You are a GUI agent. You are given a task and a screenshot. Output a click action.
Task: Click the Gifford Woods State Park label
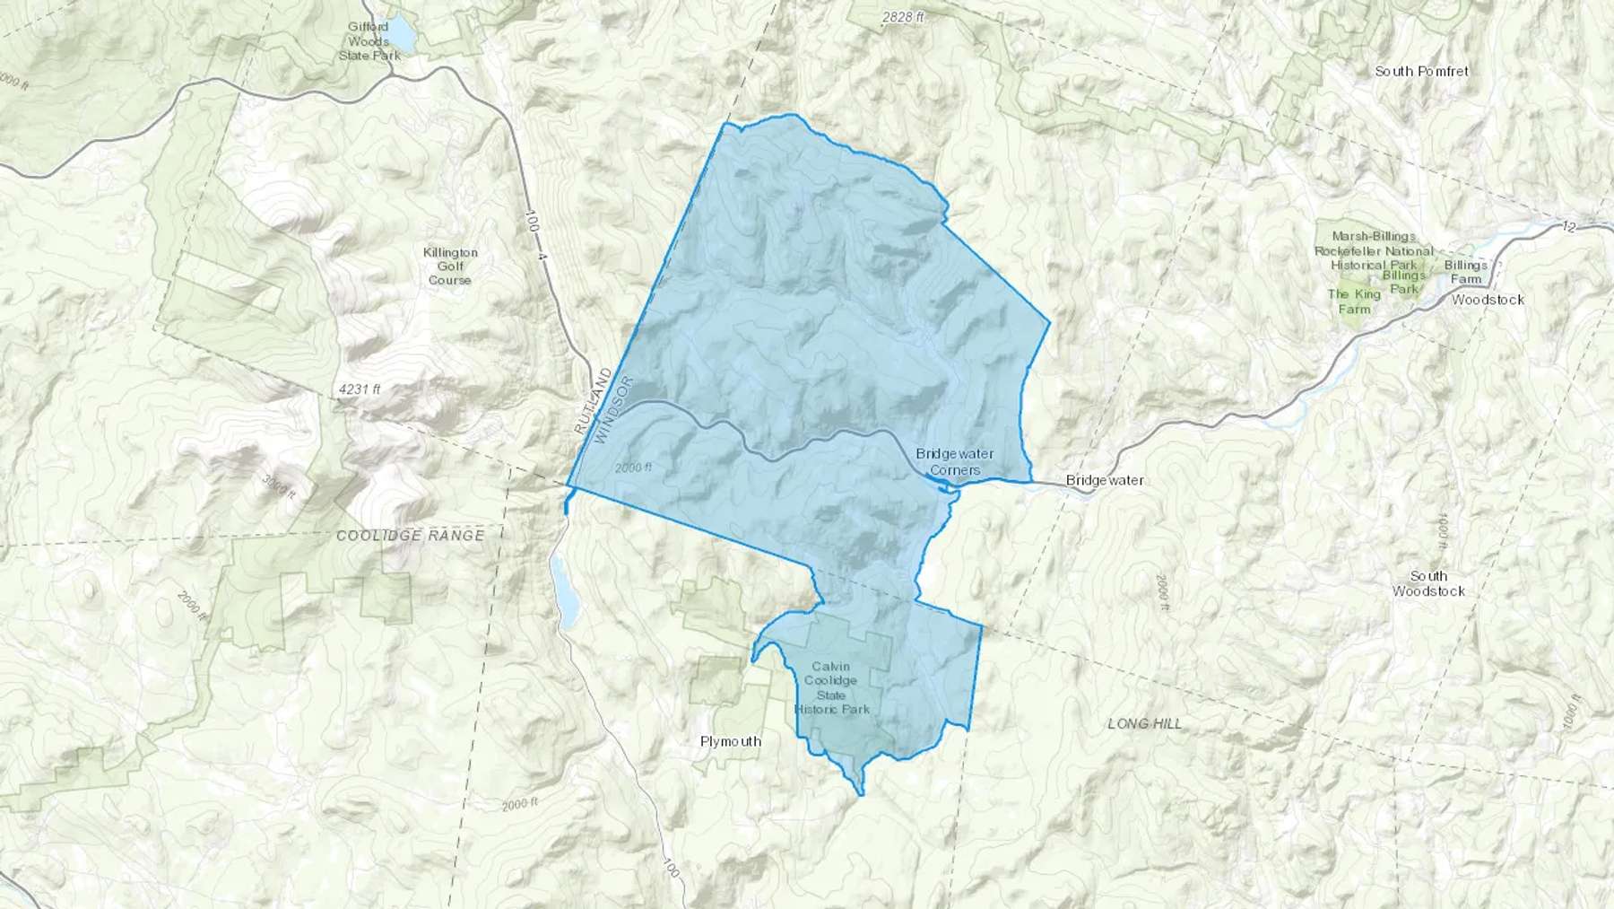(369, 41)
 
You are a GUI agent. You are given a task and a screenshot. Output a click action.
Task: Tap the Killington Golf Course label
(450, 267)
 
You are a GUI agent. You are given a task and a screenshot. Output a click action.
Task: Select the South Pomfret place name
(1421, 71)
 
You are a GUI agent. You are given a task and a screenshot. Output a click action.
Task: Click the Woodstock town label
(1488, 300)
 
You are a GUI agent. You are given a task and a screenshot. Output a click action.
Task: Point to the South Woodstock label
(1428, 583)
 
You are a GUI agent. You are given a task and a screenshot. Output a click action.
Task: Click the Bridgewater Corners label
(955, 462)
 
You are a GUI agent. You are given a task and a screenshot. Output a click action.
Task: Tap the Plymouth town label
(731, 741)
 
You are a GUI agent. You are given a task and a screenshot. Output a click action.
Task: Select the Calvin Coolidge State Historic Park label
(831, 687)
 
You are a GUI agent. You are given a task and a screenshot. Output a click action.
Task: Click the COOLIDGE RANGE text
(410, 536)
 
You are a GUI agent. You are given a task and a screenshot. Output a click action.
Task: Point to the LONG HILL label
(1145, 723)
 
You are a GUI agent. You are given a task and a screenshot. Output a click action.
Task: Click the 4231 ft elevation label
(360, 389)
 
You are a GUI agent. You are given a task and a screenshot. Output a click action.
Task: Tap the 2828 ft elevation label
(902, 17)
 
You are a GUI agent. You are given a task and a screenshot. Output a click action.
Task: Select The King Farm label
(1354, 302)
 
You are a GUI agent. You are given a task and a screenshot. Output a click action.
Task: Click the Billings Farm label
(1466, 272)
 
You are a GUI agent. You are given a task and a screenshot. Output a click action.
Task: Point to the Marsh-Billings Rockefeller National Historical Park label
(1374, 251)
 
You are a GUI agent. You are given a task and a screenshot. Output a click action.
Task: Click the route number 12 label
(1568, 227)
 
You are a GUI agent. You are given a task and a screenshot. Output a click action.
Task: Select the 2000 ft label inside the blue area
(634, 468)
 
